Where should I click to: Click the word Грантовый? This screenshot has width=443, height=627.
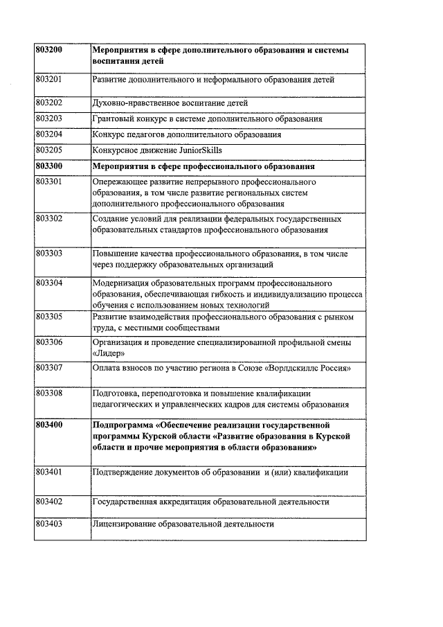tap(114, 118)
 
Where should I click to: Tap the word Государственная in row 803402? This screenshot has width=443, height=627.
tap(126, 502)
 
